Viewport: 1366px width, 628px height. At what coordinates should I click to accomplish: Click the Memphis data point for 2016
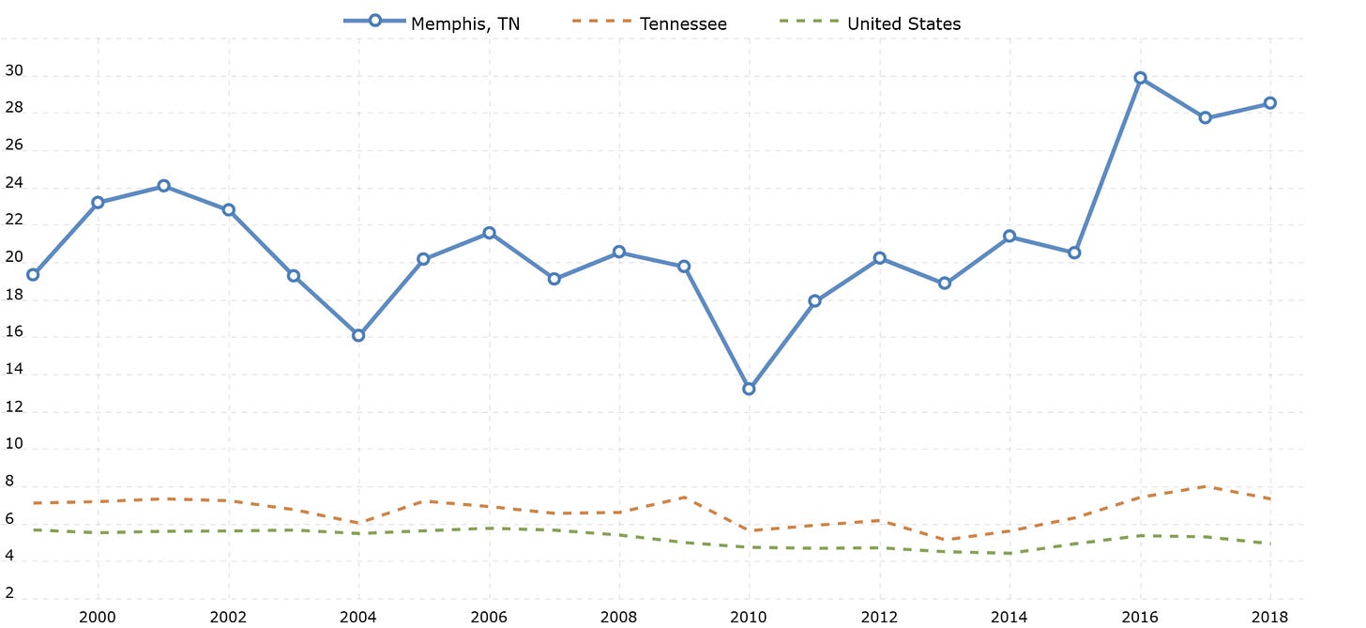(x=1140, y=78)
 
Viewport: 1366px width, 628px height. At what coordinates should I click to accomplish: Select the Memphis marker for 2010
(x=749, y=389)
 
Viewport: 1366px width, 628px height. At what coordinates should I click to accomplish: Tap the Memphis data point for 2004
(x=357, y=335)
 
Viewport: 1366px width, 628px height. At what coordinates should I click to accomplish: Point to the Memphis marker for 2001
(x=162, y=186)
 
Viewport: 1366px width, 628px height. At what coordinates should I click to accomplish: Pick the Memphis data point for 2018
(x=1269, y=103)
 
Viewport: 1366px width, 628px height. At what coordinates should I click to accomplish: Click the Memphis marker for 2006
(x=489, y=233)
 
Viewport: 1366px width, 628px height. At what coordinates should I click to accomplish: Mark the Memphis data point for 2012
(x=879, y=258)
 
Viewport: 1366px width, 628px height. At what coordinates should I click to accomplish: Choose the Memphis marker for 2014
(x=1009, y=237)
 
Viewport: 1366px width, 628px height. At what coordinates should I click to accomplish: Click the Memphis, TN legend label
(x=465, y=24)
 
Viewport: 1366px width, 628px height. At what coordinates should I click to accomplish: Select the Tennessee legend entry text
(x=683, y=24)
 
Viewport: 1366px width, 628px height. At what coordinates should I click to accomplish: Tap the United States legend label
(x=903, y=24)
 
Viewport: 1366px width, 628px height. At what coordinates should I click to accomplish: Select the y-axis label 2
(x=9, y=592)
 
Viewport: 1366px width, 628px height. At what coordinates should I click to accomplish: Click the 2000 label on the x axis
(x=98, y=616)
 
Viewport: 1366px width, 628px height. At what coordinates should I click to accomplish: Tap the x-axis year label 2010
(x=749, y=616)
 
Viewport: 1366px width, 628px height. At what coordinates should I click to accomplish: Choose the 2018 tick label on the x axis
(x=1269, y=616)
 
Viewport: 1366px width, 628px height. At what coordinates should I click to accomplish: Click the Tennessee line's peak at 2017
(x=1205, y=486)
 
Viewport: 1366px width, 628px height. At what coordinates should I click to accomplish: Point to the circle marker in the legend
(x=374, y=21)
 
